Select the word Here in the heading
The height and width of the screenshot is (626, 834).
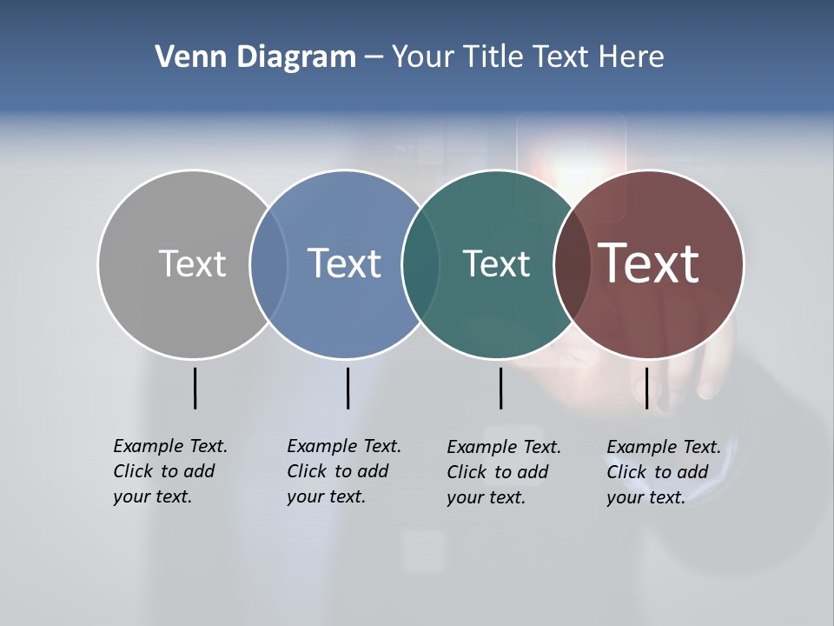click(632, 57)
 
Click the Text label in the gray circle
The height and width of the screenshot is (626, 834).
click(192, 263)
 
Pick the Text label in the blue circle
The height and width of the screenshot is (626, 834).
click(344, 263)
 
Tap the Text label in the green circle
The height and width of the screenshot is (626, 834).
click(496, 263)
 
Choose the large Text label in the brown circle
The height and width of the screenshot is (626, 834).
click(649, 263)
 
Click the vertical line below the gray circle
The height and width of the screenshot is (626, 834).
click(195, 388)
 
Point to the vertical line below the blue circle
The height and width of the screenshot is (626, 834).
click(347, 388)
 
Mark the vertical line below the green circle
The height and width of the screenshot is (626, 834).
click(500, 388)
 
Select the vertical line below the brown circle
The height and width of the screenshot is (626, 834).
click(646, 388)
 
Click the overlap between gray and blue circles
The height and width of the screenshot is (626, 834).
click(268, 263)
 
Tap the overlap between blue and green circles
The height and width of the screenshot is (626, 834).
click(420, 263)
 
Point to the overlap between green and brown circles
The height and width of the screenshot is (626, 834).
click(572, 263)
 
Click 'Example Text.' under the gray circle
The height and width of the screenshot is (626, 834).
click(170, 446)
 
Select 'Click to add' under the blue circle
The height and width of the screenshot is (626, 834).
click(337, 471)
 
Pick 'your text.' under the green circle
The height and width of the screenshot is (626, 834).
click(486, 498)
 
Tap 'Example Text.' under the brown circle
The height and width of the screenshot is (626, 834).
click(664, 448)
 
